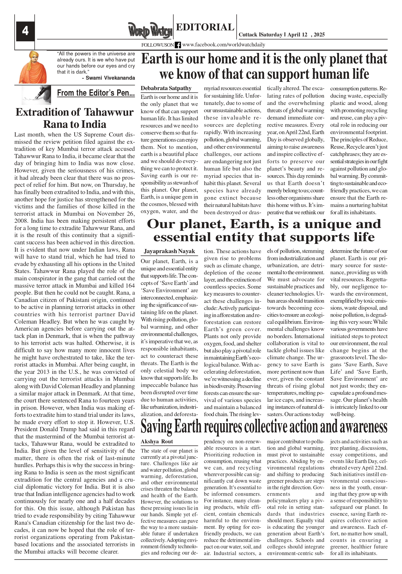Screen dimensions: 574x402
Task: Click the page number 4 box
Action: [25, 31]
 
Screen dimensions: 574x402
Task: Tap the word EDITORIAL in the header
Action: [205, 27]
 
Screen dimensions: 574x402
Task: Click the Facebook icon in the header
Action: [178, 45]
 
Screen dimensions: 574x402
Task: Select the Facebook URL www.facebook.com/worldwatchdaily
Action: [223, 45]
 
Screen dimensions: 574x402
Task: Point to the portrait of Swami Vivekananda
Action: [33, 67]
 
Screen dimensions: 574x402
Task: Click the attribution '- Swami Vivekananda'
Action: [108, 78]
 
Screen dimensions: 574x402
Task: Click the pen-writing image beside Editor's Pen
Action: [36, 95]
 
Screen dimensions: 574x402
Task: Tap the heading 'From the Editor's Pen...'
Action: [96, 93]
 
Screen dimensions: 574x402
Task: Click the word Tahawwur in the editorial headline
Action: [108, 112]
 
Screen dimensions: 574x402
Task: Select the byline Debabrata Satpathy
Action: [166, 88]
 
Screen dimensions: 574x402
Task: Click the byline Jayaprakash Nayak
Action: [169, 251]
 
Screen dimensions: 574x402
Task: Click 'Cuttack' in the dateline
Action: [248, 35]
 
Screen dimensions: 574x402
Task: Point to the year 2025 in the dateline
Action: [319, 35]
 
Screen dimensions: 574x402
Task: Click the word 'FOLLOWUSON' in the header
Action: [157, 45]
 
